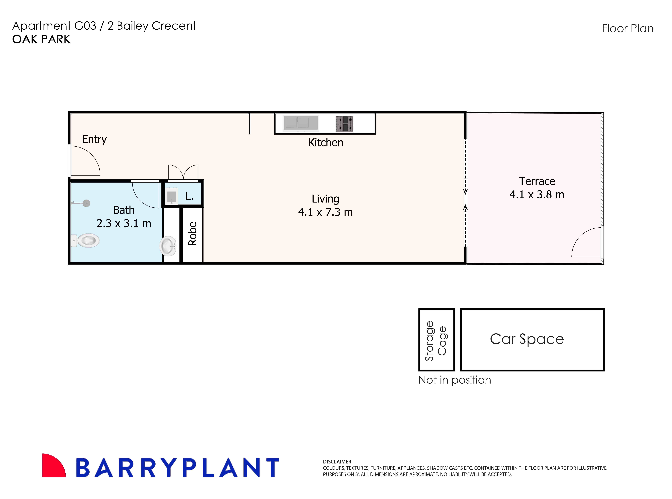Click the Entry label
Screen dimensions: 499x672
[x=94, y=139]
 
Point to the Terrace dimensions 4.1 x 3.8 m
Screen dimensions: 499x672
[x=537, y=195]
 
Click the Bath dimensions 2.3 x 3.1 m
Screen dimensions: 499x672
[x=124, y=224]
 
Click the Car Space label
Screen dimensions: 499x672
[x=527, y=339]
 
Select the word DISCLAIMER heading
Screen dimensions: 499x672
[x=337, y=462]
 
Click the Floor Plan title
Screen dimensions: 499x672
[x=628, y=29]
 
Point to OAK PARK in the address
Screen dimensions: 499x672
[x=41, y=39]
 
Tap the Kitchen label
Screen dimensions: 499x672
[x=326, y=143]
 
